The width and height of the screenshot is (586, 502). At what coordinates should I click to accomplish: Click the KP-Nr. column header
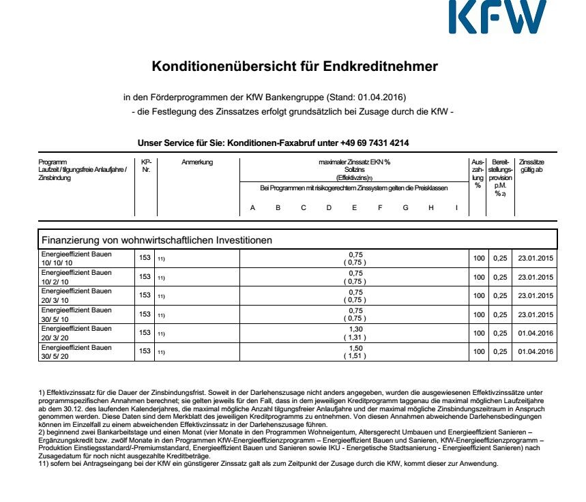[x=145, y=166]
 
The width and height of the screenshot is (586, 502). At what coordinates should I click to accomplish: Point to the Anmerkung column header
[x=198, y=162]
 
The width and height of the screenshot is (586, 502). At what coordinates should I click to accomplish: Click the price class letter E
[x=355, y=207]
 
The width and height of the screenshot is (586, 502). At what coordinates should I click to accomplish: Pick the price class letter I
[x=456, y=207]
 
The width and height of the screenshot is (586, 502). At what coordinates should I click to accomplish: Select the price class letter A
[x=252, y=207]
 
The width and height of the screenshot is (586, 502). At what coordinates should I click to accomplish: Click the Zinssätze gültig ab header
[x=532, y=166]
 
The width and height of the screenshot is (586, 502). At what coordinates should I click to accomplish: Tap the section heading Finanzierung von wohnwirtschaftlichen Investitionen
[x=157, y=240]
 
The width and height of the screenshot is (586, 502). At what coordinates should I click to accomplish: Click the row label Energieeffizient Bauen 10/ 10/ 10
[x=76, y=258]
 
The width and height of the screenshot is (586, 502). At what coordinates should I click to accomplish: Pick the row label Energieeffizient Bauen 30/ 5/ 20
[x=76, y=351]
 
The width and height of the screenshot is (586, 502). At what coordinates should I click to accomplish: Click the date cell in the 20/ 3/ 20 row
[x=534, y=333]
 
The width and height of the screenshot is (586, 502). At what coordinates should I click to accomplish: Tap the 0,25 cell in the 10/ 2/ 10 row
[x=501, y=277]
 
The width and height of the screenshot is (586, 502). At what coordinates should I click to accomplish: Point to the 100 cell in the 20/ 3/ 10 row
[x=478, y=295]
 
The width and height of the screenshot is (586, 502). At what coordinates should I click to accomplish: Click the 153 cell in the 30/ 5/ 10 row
[x=145, y=314]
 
